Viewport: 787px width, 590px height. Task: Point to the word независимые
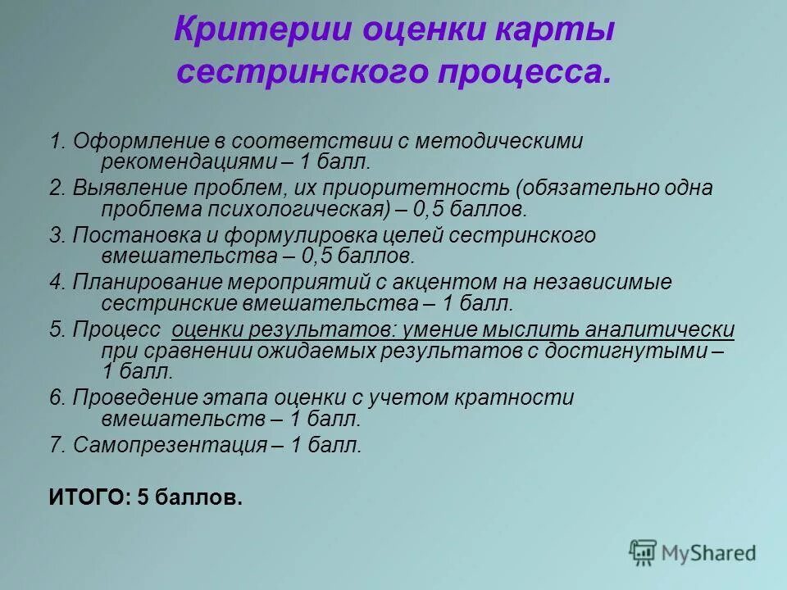click(x=603, y=283)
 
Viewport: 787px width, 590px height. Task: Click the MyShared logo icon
click(x=644, y=552)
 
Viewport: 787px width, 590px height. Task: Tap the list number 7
click(x=55, y=446)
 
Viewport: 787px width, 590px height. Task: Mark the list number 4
click(x=55, y=283)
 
